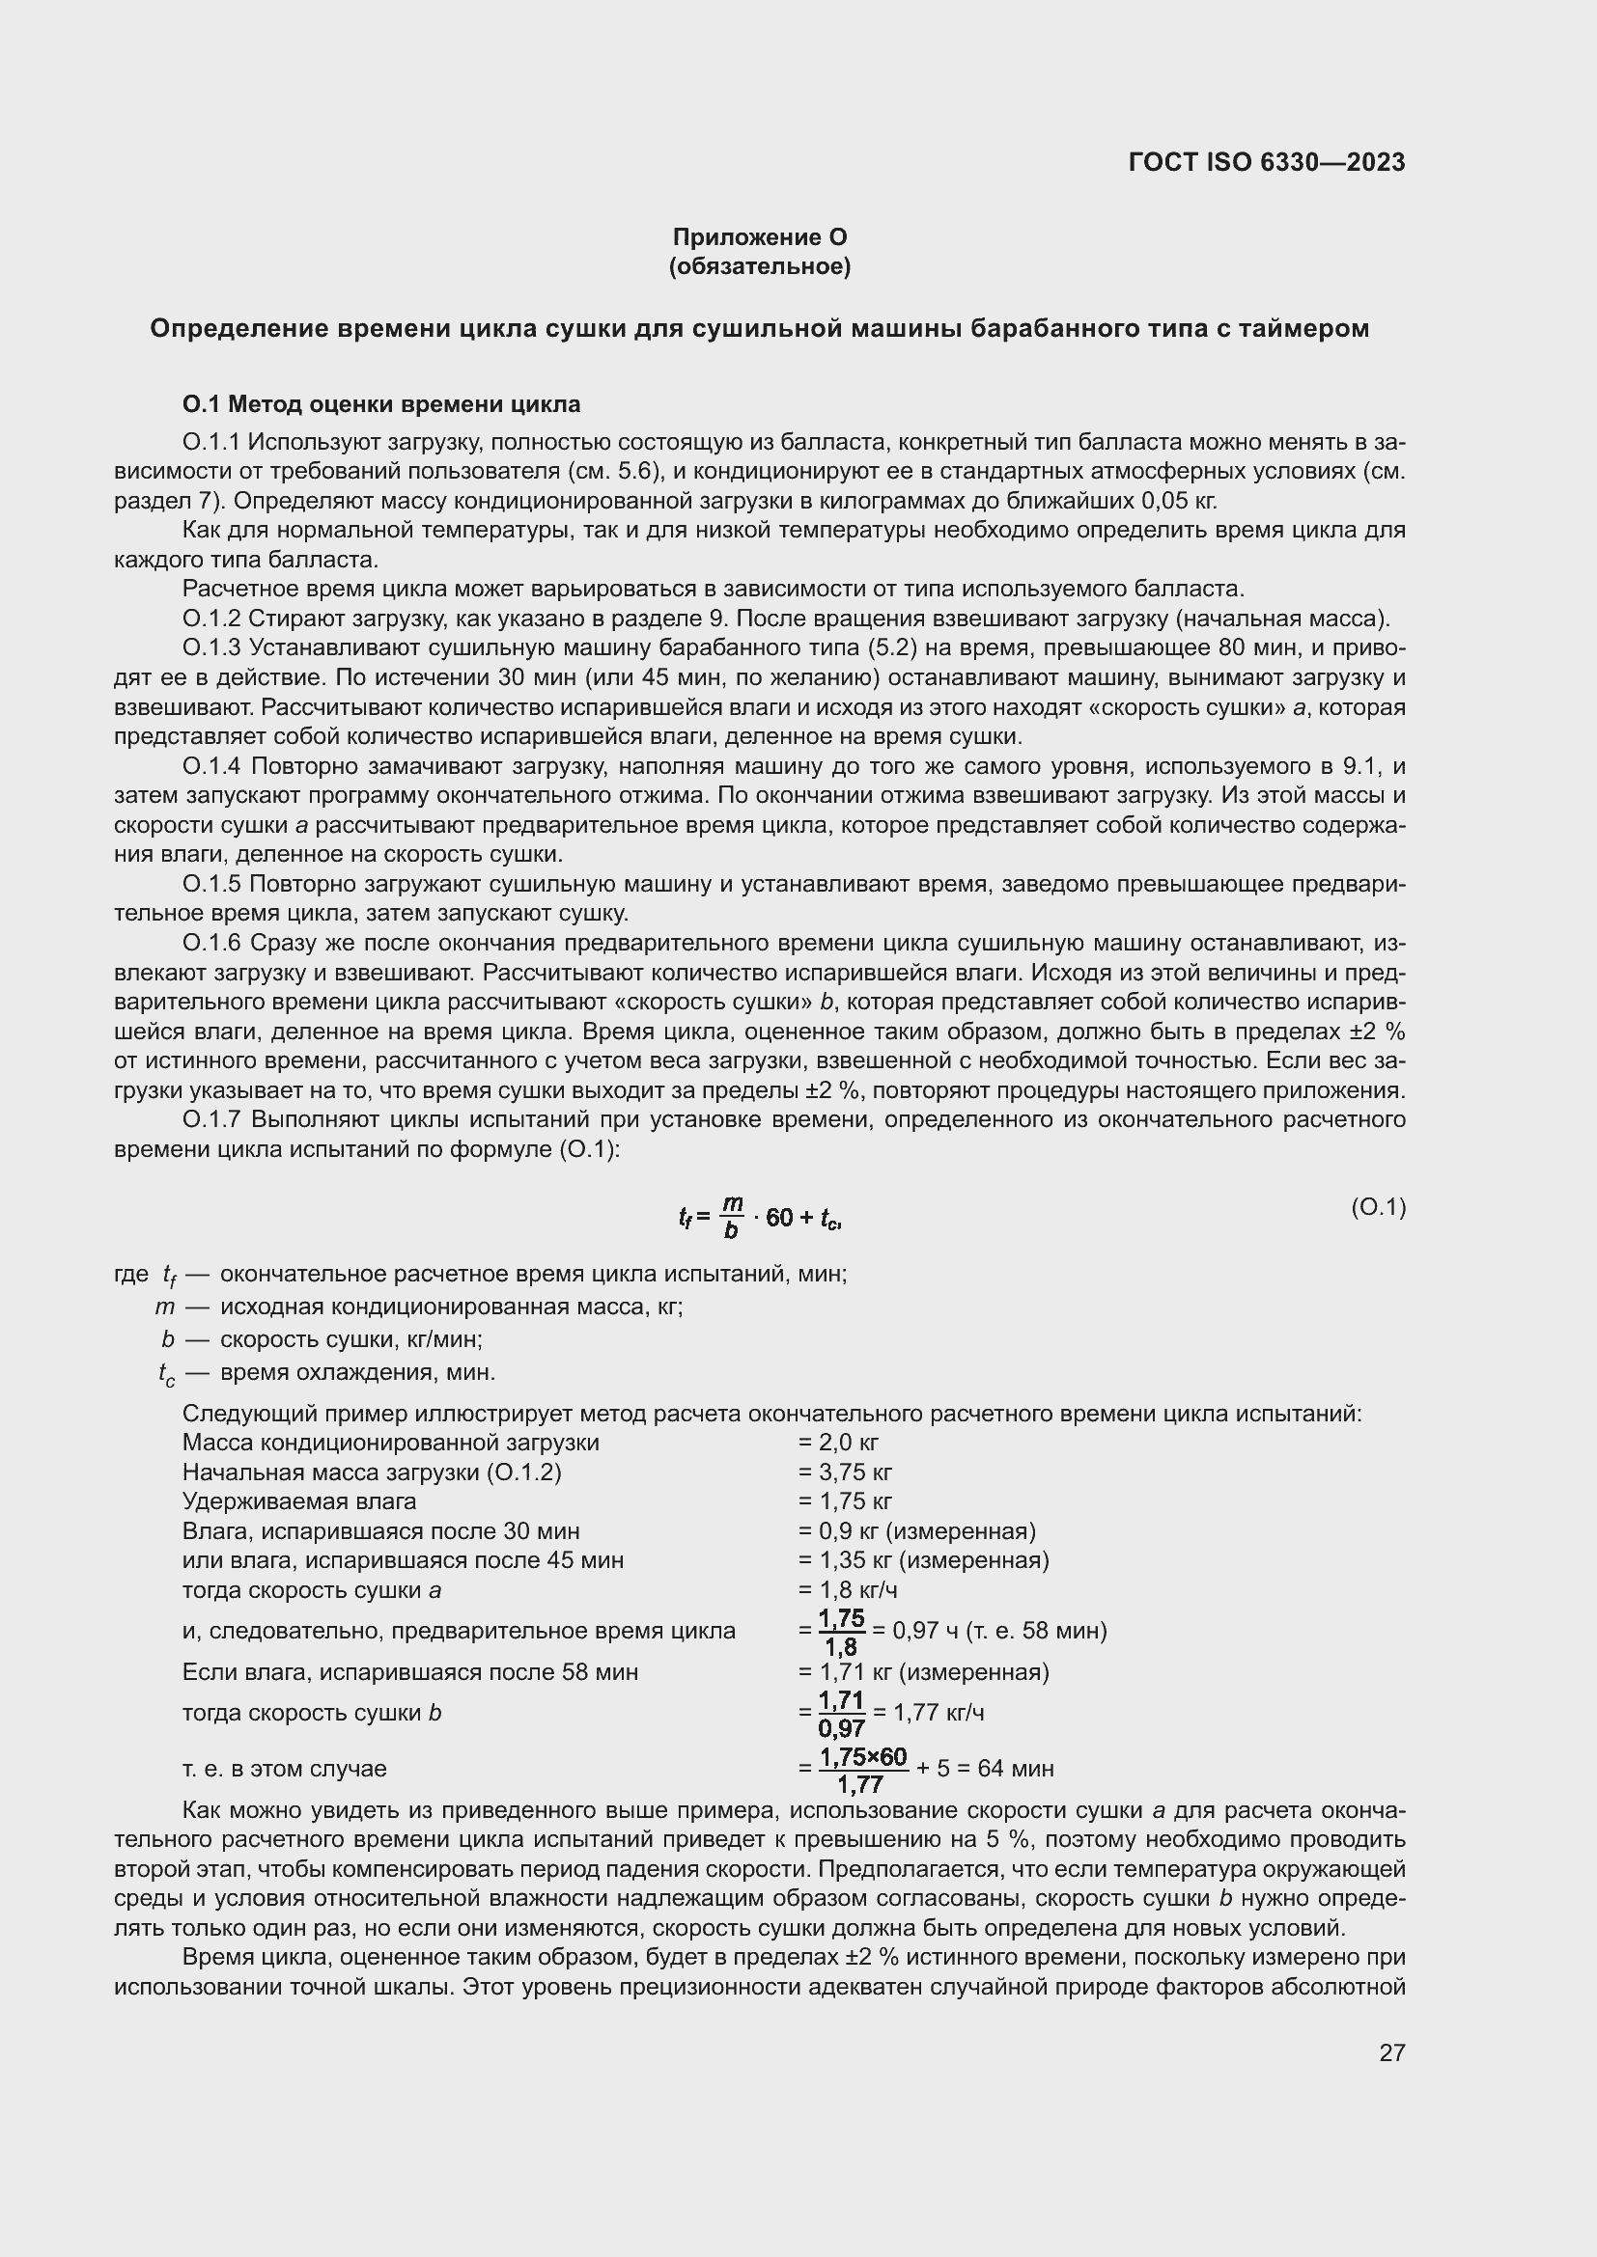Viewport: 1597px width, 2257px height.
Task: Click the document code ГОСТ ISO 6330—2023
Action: pos(1267,162)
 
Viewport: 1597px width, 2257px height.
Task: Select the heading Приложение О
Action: pos(759,237)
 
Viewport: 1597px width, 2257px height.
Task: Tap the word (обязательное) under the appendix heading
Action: pos(759,266)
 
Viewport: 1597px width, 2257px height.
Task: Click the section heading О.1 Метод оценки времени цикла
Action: pos(381,404)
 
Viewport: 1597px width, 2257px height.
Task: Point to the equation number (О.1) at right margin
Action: pos(1378,1207)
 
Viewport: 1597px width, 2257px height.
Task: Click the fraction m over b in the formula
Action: pos(732,1217)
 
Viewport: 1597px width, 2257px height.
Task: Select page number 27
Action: pos(1391,2052)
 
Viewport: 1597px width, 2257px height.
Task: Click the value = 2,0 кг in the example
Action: pos(838,1442)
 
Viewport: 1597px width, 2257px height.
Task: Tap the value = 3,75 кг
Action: pos(845,1472)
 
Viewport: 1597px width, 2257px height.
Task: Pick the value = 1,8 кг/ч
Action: pos(848,1589)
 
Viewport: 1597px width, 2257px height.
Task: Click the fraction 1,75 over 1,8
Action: pos(841,1632)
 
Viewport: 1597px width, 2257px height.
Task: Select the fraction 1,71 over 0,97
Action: pos(841,1714)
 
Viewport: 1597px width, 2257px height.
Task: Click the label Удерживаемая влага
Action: pos(299,1501)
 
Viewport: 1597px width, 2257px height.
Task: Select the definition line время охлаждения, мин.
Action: pos(358,1372)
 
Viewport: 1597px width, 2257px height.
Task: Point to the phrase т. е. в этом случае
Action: pos(284,1769)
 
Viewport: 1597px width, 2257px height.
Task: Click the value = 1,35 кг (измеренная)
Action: pos(923,1560)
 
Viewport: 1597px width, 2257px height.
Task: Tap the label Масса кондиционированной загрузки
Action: pos(390,1442)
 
